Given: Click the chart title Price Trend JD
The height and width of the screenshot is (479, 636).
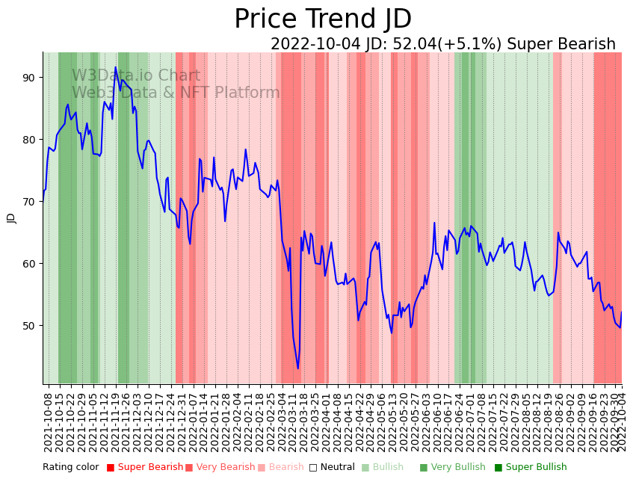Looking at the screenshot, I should click(x=323, y=19).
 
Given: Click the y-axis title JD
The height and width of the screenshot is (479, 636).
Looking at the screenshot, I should click(x=11, y=217).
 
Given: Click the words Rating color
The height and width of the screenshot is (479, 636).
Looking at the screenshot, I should click(x=70, y=467).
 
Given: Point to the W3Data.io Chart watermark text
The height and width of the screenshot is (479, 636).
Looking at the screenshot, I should click(x=136, y=76).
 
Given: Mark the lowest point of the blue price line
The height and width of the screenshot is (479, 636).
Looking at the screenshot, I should click(x=297, y=368).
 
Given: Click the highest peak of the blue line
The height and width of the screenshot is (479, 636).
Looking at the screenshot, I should click(x=115, y=67).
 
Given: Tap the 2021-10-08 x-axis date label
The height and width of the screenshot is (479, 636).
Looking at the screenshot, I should click(x=48, y=423).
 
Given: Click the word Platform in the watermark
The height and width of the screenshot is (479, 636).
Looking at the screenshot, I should click(x=247, y=93).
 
